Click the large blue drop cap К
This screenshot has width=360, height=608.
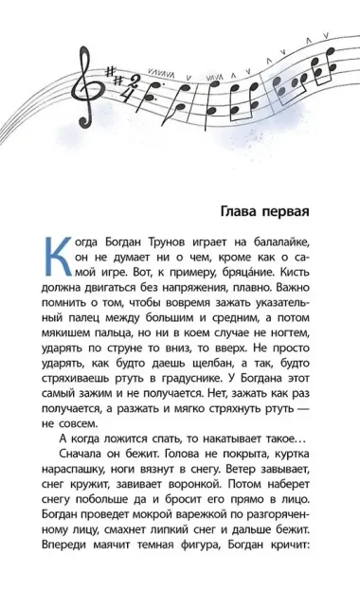tap(58, 253)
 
